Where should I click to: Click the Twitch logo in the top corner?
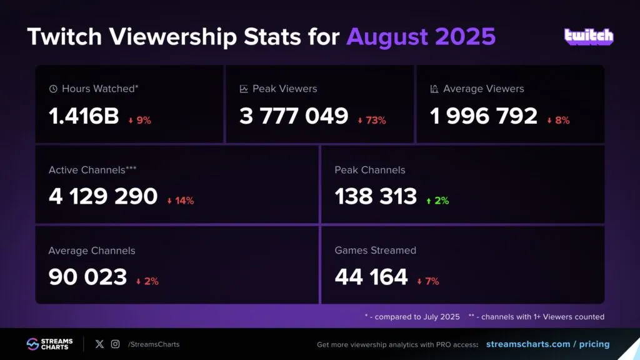(589, 36)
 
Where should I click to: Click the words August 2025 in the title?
(421, 37)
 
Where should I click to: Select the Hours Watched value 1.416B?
(84, 116)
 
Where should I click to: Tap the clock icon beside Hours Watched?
(53, 89)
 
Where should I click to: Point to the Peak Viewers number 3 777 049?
(294, 116)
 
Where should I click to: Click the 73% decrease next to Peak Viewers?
(372, 121)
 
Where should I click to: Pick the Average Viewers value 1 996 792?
(484, 116)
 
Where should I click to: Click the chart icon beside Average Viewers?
(434, 89)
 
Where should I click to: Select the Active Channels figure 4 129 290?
(103, 196)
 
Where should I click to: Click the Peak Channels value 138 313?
(376, 196)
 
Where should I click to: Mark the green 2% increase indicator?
(438, 201)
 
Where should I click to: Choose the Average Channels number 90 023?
(87, 276)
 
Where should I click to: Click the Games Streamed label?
(375, 250)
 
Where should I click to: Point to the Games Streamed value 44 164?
(371, 276)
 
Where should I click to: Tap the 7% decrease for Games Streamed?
(428, 281)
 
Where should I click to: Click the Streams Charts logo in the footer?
(50, 344)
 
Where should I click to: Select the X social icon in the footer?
(99, 344)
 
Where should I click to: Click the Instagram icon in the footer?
(115, 344)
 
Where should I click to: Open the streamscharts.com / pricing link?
(547, 344)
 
